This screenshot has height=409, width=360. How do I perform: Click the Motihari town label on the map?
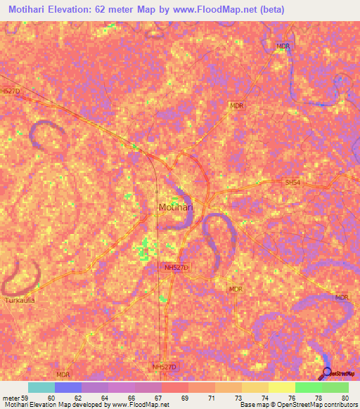pyautogui.click(x=174, y=207)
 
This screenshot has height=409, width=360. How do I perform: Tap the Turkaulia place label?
pyautogui.click(x=20, y=299)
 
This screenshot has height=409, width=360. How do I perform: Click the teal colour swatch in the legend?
pyautogui.click(x=41, y=387)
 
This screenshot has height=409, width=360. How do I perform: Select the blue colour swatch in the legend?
pyautogui.click(x=67, y=387)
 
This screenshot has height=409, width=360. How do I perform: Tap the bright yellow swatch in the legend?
pyautogui.click(x=281, y=387)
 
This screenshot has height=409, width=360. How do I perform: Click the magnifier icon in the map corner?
pyautogui.click(x=327, y=373)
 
